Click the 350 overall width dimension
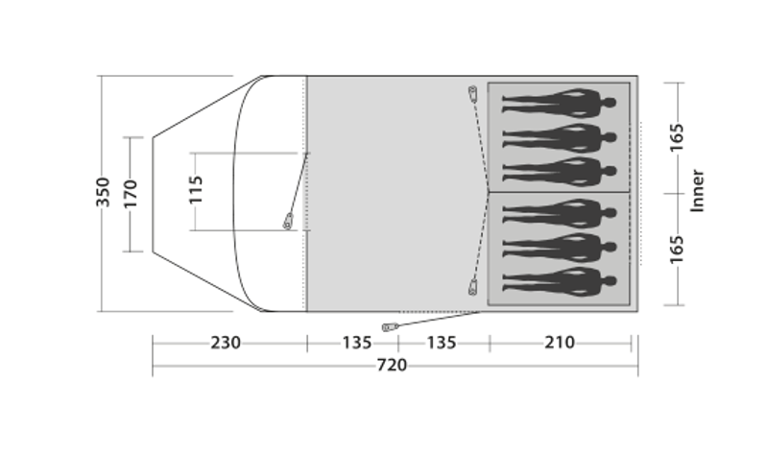click(x=105, y=192)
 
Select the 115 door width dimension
click(x=196, y=191)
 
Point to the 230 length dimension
click(x=227, y=343)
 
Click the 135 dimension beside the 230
click(x=352, y=343)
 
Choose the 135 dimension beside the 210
click(x=443, y=343)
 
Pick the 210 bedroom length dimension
click(x=560, y=343)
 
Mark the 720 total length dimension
click(x=392, y=365)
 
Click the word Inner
click(x=698, y=191)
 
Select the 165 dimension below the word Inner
click(x=677, y=248)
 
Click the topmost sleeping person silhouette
click(x=558, y=102)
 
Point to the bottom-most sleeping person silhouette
click(x=558, y=281)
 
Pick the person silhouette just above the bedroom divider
click(x=558, y=170)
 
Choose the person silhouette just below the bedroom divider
click(x=558, y=210)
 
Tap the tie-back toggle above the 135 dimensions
click(x=389, y=327)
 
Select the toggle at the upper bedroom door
click(x=471, y=92)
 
